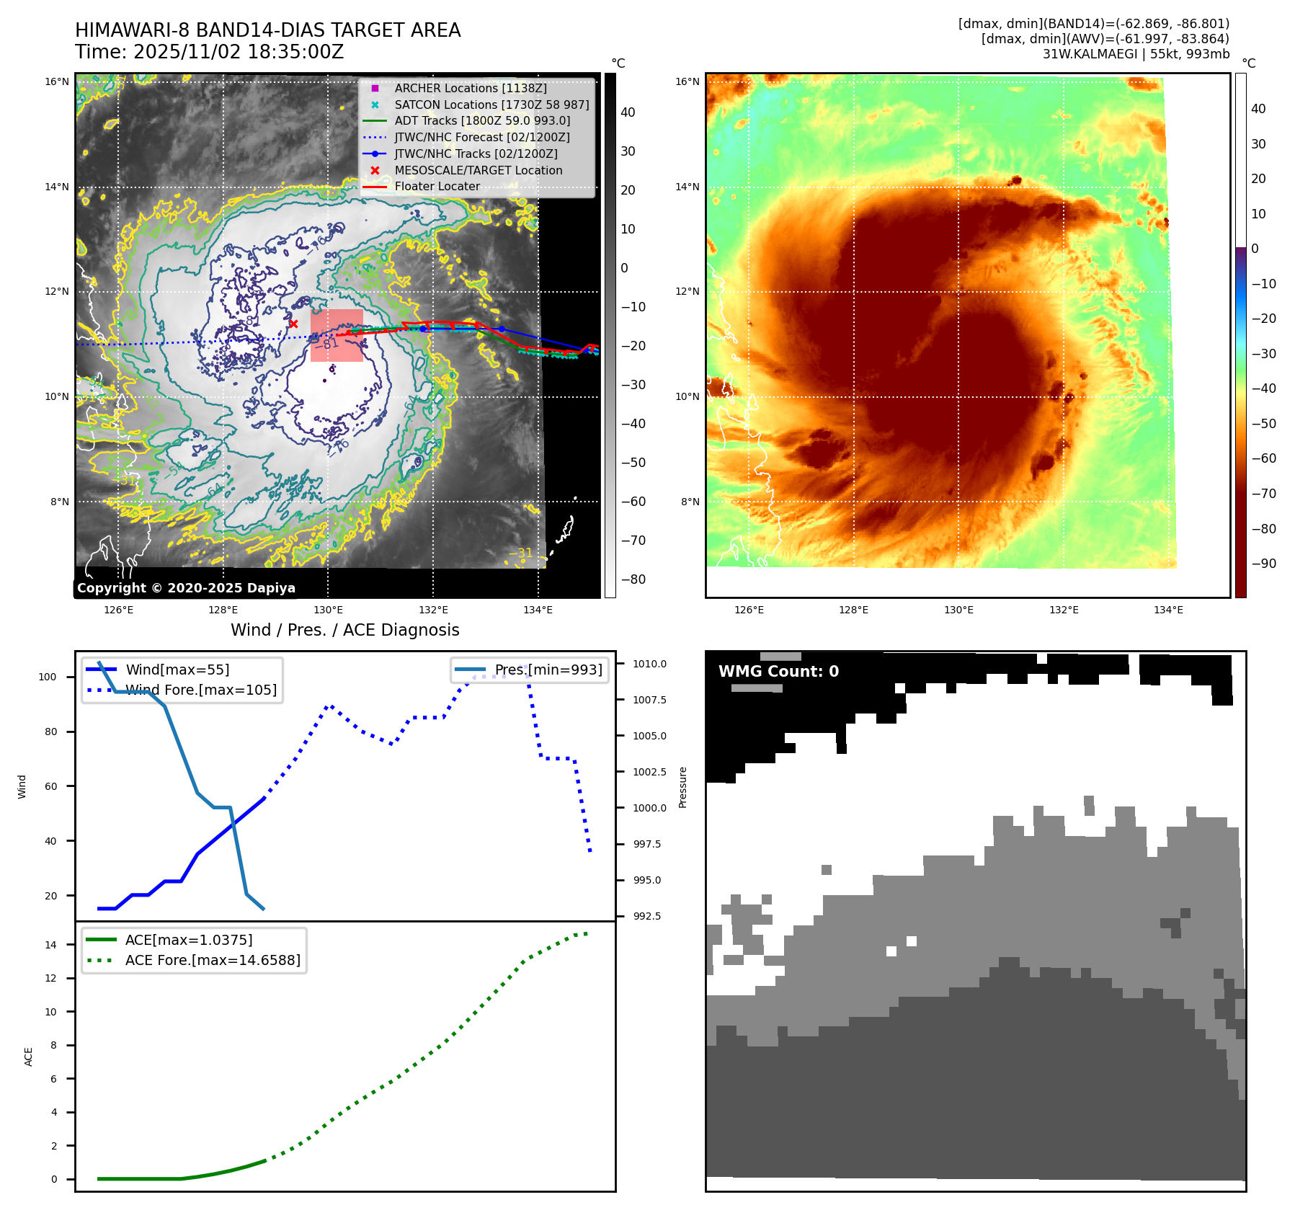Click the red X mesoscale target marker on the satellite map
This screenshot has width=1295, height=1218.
pyautogui.click(x=293, y=324)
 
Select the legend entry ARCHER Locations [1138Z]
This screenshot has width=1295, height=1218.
pyautogui.click(x=470, y=88)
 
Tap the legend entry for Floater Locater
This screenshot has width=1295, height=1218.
pyautogui.click(x=437, y=186)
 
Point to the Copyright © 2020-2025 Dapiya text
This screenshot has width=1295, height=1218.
pyautogui.click(x=186, y=588)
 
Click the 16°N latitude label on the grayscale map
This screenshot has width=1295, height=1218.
pyautogui.click(x=57, y=81)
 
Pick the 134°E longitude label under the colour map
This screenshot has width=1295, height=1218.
pyautogui.click(x=1168, y=610)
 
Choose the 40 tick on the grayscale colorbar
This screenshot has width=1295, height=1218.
pyautogui.click(x=628, y=112)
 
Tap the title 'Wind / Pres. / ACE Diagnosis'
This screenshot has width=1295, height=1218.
pyautogui.click(x=344, y=630)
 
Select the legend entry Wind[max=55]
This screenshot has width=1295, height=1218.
pyautogui.click(x=177, y=670)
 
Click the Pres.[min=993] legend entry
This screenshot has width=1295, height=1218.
pyautogui.click(x=548, y=670)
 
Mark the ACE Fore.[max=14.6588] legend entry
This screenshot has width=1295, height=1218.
pyautogui.click(x=212, y=960)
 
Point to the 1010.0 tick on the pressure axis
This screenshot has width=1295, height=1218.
pyautogui.click(x=649, y=664)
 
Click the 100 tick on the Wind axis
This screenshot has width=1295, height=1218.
pyautogui.click(x=48, y=677)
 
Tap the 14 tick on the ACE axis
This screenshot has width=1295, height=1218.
pyautogui.click(x=50, y=945)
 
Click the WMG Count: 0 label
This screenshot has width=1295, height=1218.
pyautogui.click(x=778, y=672)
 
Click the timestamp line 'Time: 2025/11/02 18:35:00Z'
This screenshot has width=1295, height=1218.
pyautogui.click(x=209, y=52)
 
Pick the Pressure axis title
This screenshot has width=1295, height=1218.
pyautogui.click(x=682, y=787)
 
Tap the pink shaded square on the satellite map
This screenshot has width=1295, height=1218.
pyautogui.click(x=337, y=335)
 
